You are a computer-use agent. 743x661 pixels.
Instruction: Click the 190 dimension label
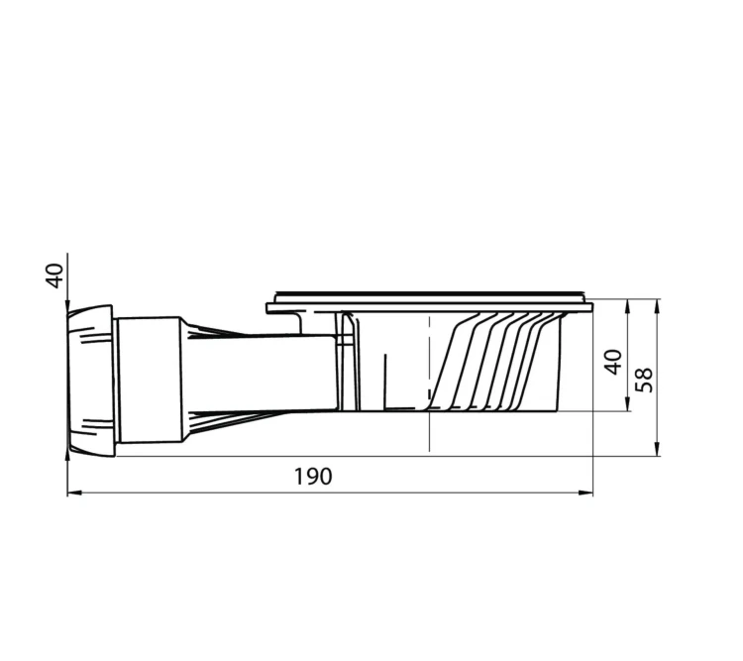(313, 477)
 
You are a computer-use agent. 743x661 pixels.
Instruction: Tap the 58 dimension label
(644, 380)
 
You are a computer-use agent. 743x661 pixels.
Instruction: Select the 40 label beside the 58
(613, 363)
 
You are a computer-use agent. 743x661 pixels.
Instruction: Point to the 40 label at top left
(54, 275)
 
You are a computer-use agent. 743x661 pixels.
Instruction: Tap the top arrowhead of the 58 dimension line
(657, 306)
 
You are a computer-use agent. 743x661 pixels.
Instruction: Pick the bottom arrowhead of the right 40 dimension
(628, 404)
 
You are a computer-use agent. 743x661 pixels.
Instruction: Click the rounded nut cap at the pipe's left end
(90, 382)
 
